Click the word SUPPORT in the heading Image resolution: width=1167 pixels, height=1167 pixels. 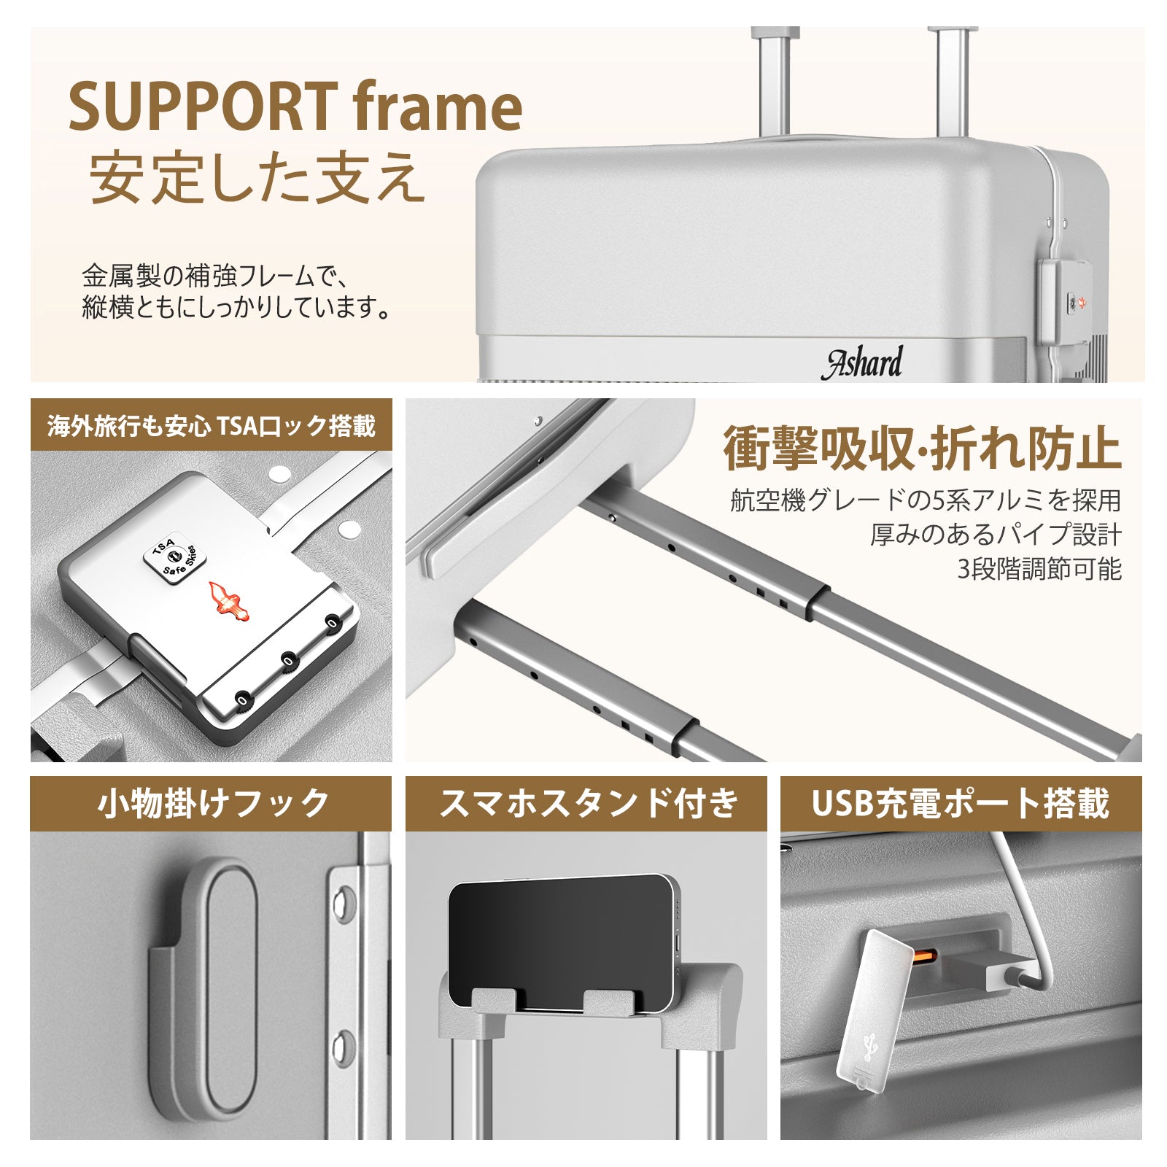(x=203, y=106)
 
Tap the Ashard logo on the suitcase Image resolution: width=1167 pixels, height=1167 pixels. (x=864, y=362)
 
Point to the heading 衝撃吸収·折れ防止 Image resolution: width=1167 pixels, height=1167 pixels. (x=922, y=449)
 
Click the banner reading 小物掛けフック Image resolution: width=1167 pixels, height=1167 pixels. (x=211, y=803)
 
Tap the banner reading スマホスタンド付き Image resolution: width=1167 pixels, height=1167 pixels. (x=586, y=803)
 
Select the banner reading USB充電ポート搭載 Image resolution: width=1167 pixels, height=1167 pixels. (x=961, y=803)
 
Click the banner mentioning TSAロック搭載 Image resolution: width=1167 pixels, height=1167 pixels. (x=211, y=425)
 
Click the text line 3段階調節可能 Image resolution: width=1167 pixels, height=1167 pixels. (x=1039, y=569)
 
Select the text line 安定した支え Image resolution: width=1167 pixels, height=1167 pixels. (x=257, y=177)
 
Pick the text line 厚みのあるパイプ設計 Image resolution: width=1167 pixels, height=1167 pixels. (x=996, y=535)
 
